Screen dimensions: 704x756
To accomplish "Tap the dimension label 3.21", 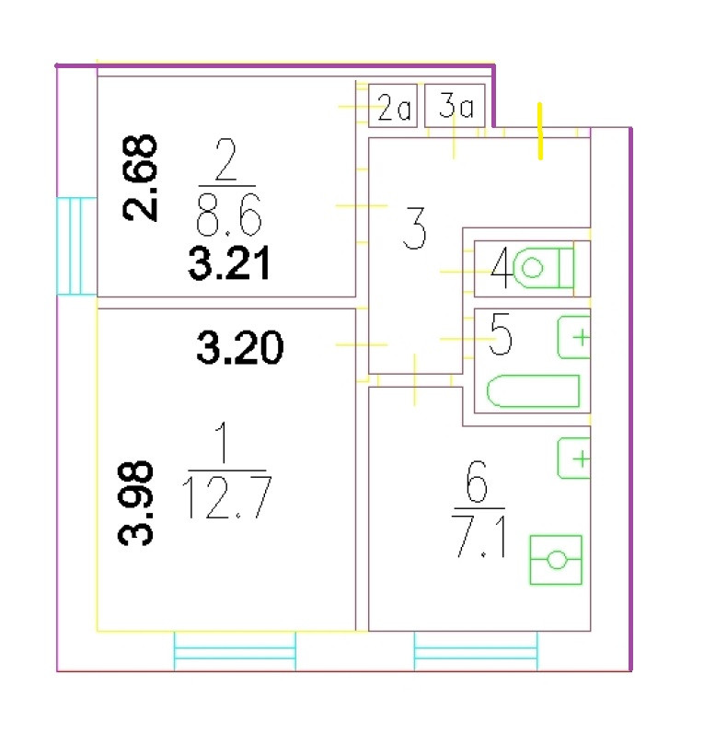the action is (x=228, y=265).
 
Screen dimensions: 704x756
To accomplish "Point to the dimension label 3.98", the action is (x=138, y=504).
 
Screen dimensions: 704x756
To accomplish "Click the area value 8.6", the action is (x=228, y=218).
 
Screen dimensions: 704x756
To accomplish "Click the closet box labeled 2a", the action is (x=393, y=108).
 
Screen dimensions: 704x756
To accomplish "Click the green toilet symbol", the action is (x=542, y=268).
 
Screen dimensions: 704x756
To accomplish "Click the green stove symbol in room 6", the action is (x=556, y=559).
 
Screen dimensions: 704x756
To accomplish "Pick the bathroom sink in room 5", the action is (x=574, y=337).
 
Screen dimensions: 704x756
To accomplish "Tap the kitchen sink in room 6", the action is (x=574, y=458).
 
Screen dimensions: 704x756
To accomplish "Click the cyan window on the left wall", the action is (x=76, y=246).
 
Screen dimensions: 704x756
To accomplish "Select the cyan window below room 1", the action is (x=235, y=652).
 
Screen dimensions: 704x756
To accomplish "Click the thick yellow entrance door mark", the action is (x=540, y=131).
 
